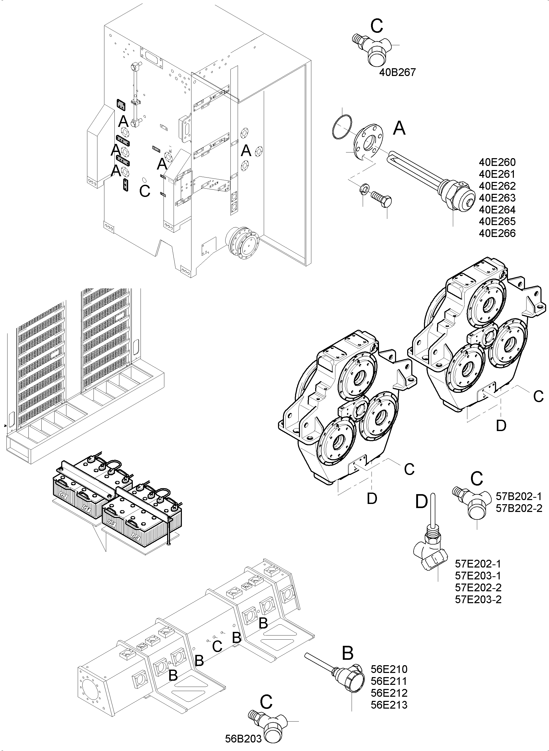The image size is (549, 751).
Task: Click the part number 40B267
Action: pyautogui.click(x=397, y=72)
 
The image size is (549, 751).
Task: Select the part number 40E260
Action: pyautogui.click(x=497, y=162)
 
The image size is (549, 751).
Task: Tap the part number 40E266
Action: pyautogui.click(x=497, y=233)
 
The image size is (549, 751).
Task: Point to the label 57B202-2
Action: pyautogui.click(x=519, y=508)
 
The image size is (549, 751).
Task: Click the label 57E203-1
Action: pyautogui.click(x=478, y=576)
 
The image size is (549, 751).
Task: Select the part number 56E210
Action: pyautogui.click(x=389, y=669)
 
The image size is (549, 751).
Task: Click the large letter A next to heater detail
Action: pyautogui.click(x=399, y=128)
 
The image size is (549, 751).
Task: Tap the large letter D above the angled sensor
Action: pyautogui.click(x=421, y=501)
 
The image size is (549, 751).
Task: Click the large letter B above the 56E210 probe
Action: pyautogui.click(x=347, y=654)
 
